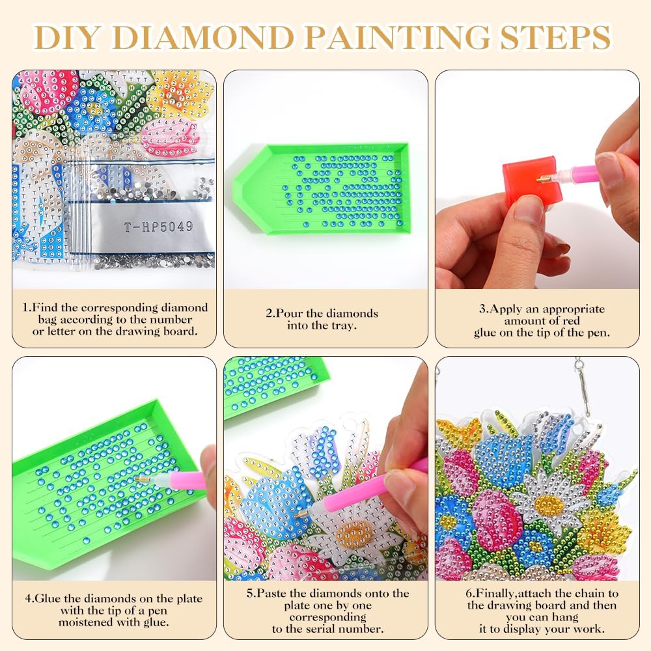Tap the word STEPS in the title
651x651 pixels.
(555, 38)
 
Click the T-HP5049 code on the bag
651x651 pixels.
(159, 227)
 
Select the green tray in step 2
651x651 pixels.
(321, 189)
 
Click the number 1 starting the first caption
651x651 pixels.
(25, 308)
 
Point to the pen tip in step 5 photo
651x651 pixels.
(296, 515)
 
